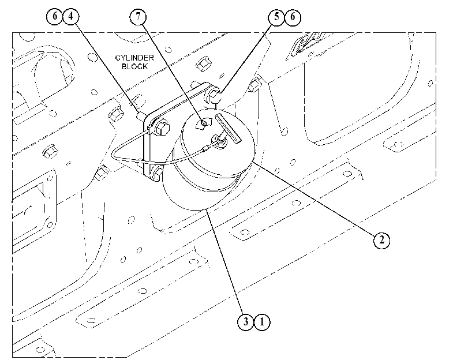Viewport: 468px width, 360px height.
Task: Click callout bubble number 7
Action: click(x=138, y=16)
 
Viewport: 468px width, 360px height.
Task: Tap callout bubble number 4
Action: click(x=71, y=16)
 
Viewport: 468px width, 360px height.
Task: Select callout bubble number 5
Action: click(x=276, y=17)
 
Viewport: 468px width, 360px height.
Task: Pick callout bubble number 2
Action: click(x=382, y=239)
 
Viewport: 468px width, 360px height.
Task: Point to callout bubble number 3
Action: click(x=246, y=321)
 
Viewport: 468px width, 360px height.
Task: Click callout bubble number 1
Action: click(x=262, y=322)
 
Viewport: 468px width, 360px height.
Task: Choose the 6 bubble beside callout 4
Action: click(x=55, y=16)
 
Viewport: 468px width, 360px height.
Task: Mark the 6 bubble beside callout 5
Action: click(x=293, y=17)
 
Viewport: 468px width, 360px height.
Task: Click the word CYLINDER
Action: click(x=134, y=58)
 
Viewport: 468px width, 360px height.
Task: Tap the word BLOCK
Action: click(x=134, y=66)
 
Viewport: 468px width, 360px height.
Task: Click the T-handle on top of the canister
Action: click(x=228, y=127)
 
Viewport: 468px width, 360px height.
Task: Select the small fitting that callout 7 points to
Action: click(x=203, y=123)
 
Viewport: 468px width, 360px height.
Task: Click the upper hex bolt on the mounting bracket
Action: click(x=161, y=127)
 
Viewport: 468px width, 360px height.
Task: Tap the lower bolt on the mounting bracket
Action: click(x=158, y=174)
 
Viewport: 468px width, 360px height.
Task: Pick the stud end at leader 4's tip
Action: click(x=141, y=115)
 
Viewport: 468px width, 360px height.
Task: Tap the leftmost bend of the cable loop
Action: click(x=113, y=155)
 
